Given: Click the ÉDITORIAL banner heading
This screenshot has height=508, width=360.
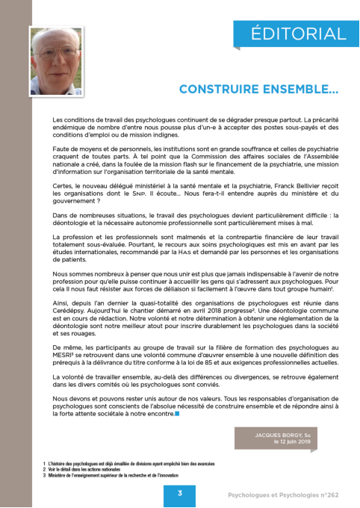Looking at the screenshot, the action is (x=298, y=34).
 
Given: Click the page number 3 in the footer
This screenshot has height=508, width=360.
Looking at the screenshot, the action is (x=180, y=494).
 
